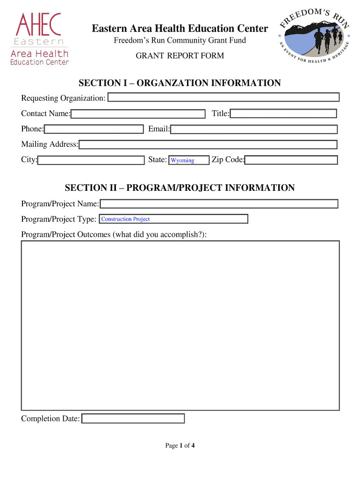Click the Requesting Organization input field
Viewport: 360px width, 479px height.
[223, 97]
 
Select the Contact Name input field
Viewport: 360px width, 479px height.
[138, 114]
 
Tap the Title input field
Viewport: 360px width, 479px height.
[283, 114]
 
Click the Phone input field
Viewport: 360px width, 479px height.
[94, 129]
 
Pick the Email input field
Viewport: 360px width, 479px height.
[254, 129]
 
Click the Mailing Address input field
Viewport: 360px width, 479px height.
[208, 145]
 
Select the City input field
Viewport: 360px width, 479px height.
[91, 160]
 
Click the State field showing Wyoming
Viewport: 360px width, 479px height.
[188, 160]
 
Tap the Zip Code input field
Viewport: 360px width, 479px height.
[291, 160]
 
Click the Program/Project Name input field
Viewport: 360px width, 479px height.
[219, 204]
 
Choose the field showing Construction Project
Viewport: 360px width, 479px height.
[173, 219]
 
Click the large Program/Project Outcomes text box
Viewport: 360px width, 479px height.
[180, 326]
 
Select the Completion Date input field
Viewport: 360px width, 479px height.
[133, 419]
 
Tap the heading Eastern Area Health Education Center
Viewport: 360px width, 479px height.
[180, 29]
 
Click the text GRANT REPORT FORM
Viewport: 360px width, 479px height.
[180, 56]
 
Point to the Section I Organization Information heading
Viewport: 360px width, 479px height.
[180, 83]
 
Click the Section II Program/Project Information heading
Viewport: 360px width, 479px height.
[180, 188]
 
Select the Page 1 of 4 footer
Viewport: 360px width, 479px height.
[180, 445]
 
